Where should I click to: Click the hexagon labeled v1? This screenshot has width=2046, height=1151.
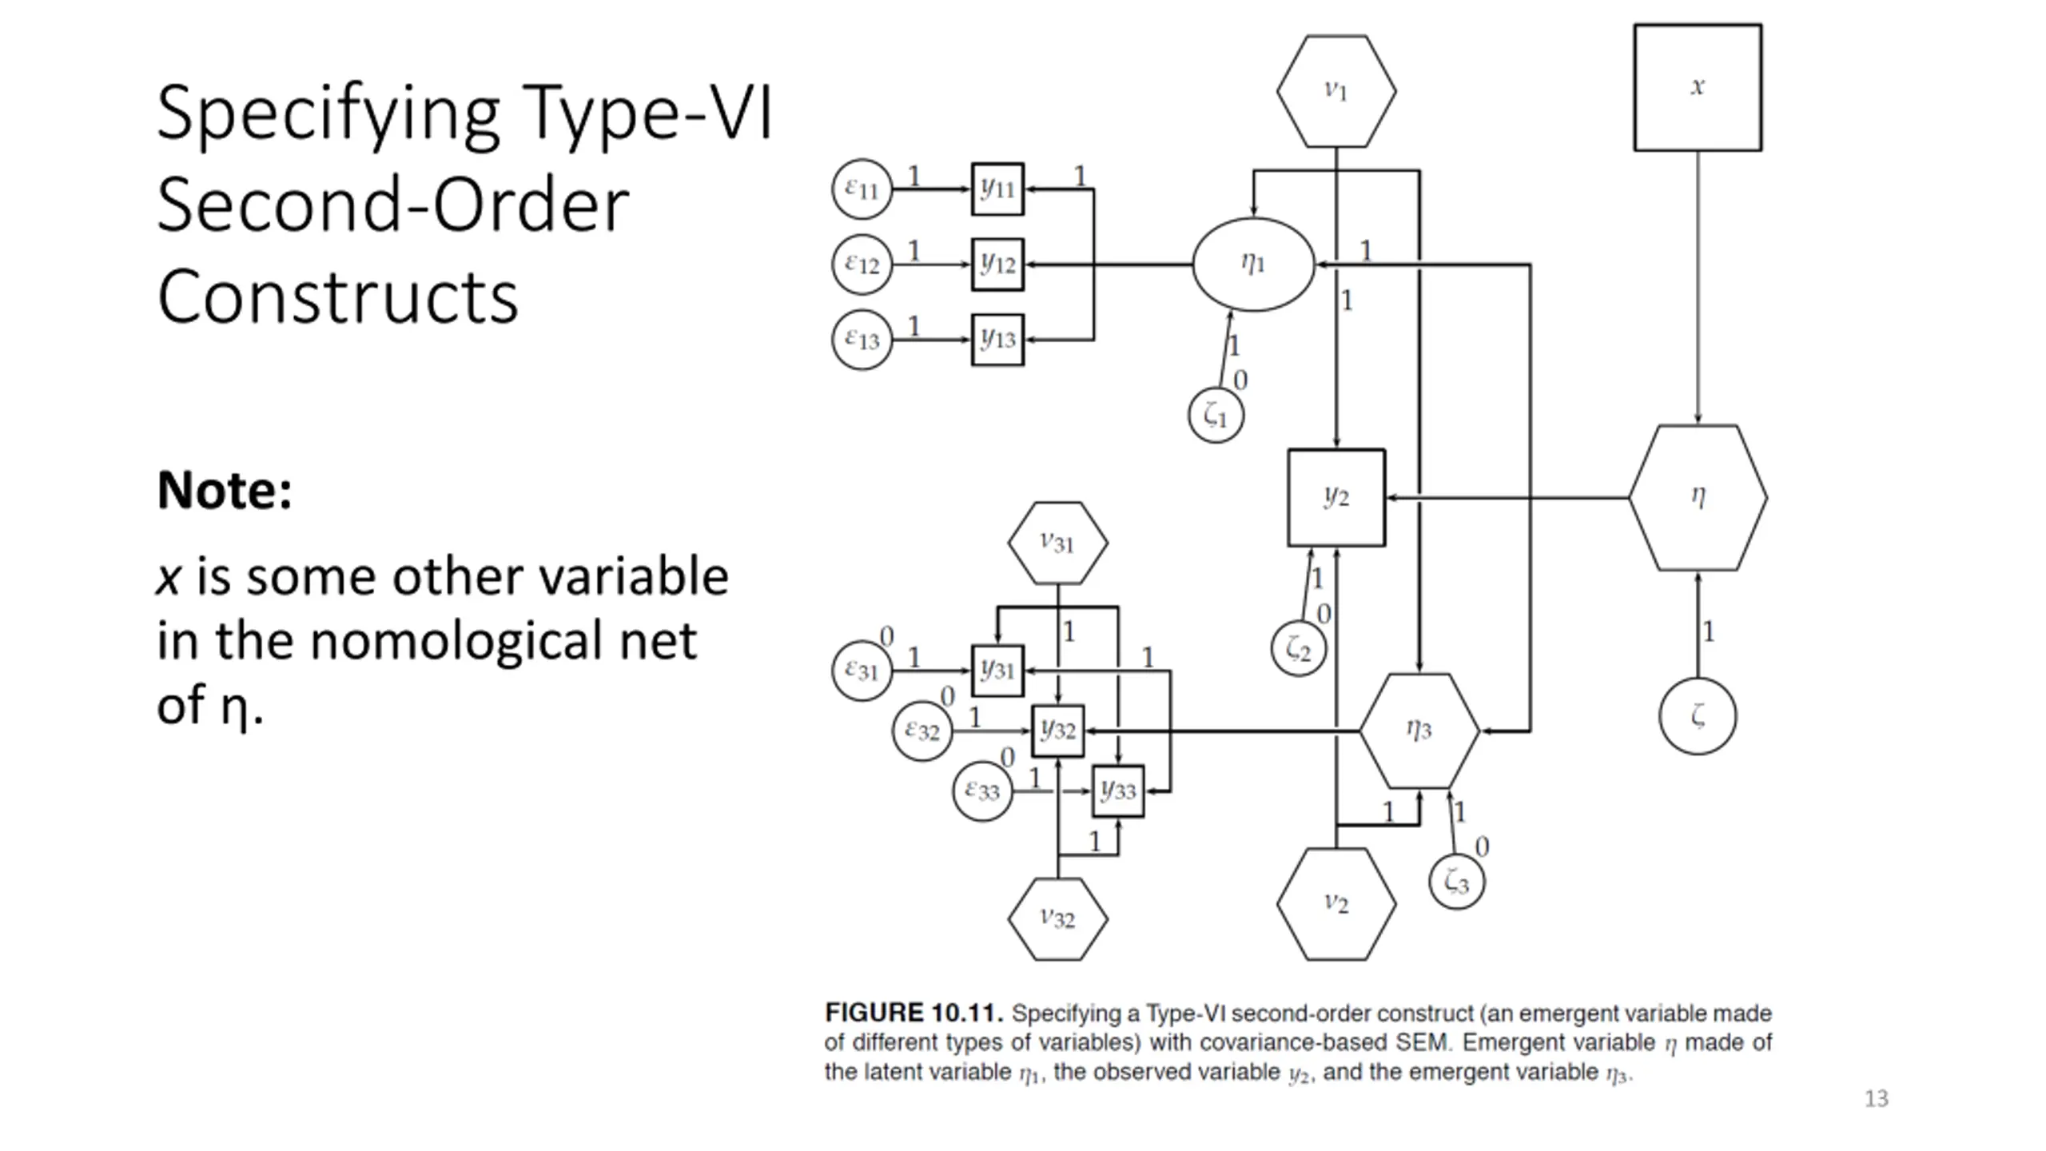click(1336, 91)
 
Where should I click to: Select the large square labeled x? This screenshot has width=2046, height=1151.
click(1698, 87)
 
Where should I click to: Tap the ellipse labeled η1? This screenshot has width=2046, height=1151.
click(1253, 264)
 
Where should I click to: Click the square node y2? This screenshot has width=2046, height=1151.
click(1336, 498)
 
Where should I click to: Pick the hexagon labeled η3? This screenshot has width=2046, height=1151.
click(1419, 731)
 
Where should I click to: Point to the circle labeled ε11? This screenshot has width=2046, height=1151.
click(862, 189)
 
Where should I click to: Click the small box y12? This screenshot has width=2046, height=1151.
click(997, 265)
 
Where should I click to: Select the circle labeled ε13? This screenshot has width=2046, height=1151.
click(862, 340)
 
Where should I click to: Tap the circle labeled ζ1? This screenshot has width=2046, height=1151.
click(1216, 416)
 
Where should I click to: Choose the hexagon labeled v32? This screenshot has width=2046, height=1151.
click(1057, 919)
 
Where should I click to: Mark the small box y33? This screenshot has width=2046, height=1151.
click(1118, 791)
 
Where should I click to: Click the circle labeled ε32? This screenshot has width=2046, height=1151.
click(922, 731)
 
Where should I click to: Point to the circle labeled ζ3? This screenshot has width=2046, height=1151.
click(1456, 882)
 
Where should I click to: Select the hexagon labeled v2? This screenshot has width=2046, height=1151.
click(1336, 904)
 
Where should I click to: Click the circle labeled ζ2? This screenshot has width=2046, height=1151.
click(1299, 649)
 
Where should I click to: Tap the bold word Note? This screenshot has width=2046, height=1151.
click(225, 490)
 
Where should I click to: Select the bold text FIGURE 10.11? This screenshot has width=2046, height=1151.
click(914, 1014)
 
